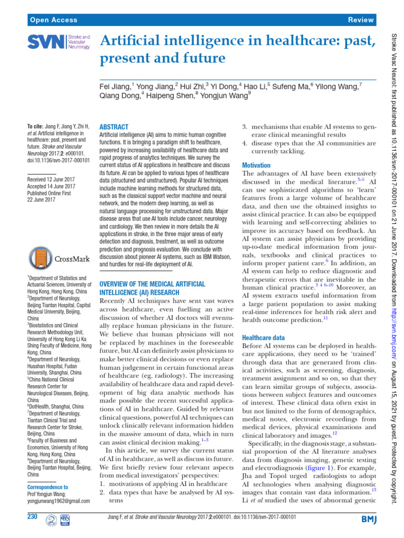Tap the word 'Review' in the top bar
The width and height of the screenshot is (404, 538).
(361, 19)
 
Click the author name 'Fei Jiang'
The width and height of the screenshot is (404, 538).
(116, 86)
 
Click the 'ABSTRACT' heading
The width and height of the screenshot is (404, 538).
(114, 127)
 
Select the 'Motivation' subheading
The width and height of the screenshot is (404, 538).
(256, 165)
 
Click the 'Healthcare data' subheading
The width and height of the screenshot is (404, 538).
(264, 337)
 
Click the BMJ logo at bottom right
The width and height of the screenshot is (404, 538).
(365, 519)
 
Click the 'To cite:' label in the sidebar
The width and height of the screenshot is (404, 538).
(37, 127)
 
